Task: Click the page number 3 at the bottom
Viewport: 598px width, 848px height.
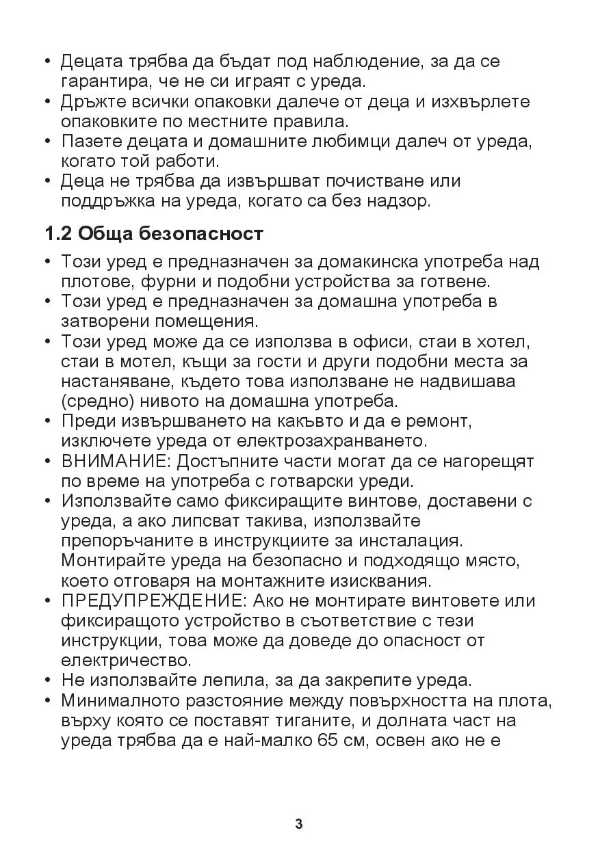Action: click(299, 823)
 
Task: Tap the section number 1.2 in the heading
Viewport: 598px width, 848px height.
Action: click(58, 234)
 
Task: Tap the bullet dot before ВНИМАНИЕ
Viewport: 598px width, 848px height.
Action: click(48, 462)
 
